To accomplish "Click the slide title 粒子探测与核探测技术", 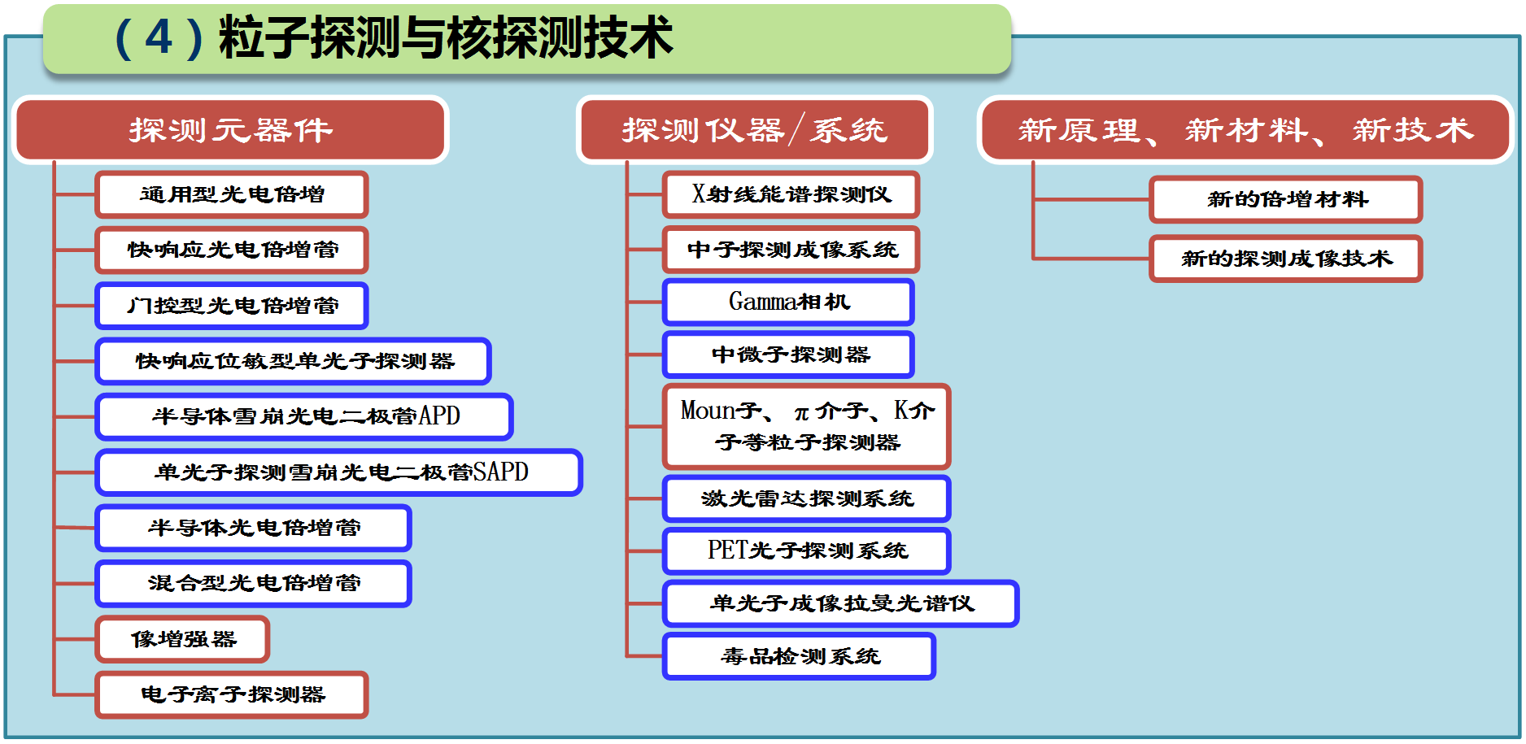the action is [446, 37].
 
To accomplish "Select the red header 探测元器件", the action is [230, 130].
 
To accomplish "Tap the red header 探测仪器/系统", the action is [754, 130].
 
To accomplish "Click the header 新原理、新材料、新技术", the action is [1245, 130].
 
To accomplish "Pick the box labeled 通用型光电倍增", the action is [232, 194].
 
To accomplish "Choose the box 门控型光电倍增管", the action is [232, 306].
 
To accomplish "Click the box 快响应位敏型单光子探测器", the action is [294, 361].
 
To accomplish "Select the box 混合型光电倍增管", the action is [254, 583].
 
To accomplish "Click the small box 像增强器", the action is [183, 639].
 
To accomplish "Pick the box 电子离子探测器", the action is [232, 694].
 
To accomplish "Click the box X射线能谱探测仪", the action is [791, 194].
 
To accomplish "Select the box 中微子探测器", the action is [789, 355].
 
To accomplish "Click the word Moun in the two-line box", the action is [708, 410].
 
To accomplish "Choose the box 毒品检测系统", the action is [800, 656].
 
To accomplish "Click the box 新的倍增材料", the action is [1286, 199].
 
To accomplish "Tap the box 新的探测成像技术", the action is [1286, 259].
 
